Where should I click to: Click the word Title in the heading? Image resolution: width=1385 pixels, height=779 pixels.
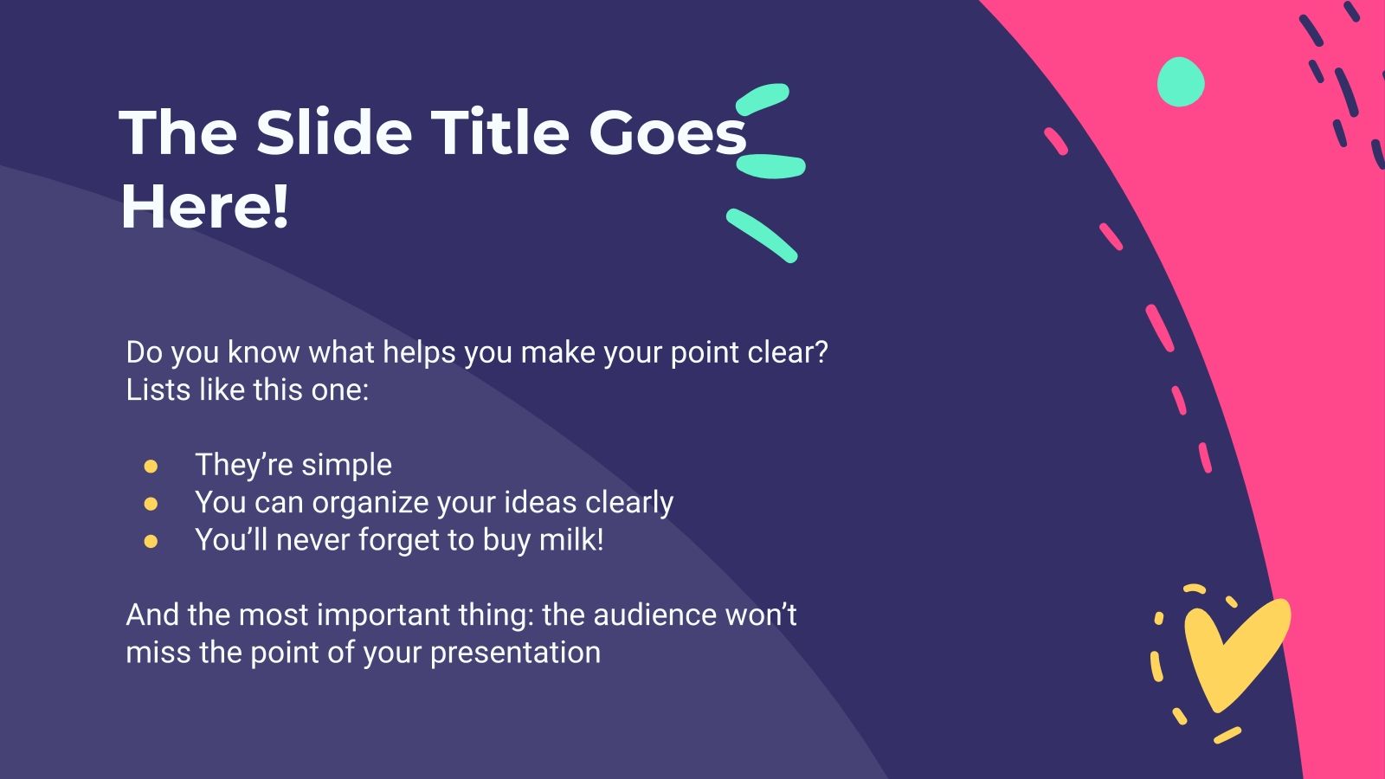499,133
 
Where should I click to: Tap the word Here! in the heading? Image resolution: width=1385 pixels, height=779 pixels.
204,208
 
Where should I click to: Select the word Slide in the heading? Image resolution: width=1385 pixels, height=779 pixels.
333,133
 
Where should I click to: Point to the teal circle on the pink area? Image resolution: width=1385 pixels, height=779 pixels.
1181,82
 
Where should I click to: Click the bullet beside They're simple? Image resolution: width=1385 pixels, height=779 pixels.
151,467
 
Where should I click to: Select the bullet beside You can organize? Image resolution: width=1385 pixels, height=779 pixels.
151,504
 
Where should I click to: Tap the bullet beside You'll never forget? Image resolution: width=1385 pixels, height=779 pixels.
151,542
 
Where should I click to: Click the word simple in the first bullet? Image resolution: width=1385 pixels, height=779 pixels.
346,466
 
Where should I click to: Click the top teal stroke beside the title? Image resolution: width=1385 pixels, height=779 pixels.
762,99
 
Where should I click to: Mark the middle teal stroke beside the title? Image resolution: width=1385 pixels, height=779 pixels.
770,166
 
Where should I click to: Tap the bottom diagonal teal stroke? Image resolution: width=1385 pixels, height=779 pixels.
762,235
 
